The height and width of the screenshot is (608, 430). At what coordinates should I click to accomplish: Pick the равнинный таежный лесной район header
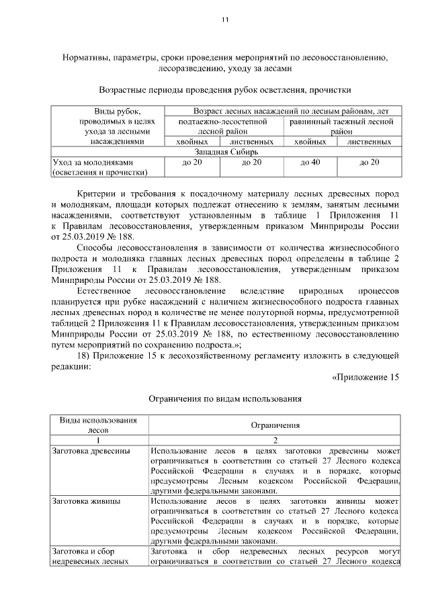341,127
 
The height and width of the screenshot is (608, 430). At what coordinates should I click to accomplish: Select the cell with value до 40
310,163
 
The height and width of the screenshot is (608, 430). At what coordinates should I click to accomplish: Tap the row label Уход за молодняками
93,163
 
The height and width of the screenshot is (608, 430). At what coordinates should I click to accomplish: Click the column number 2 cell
275,439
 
